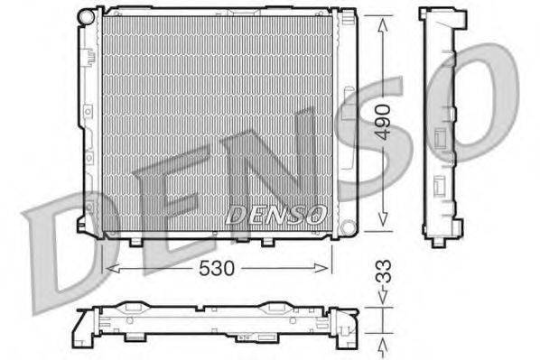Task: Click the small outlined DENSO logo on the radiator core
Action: (275, 215)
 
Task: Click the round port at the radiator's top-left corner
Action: (87, 17)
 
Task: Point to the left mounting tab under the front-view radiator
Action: (136, 241)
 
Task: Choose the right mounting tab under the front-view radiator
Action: (268, 241)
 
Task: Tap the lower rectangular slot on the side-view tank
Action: (440, 187)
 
